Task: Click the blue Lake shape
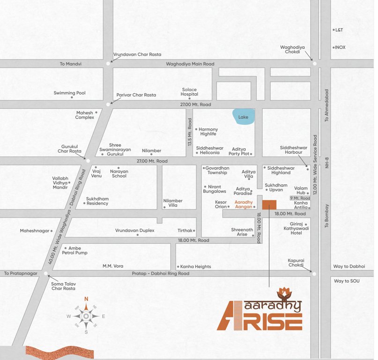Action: tap(244, 116)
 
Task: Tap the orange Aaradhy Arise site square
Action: tap(269, 204)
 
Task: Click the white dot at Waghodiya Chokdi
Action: tap(315, 63)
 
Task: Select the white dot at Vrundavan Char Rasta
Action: tap(108, 62)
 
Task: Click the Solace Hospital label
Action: tap(189, 92)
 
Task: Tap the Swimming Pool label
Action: tap(69, 93)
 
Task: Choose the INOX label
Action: tap(340, 47)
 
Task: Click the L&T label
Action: tap(339, 30)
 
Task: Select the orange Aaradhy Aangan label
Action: tap(244, 204)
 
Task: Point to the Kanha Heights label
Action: tap(196, 267)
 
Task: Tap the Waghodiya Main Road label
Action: tap(190, 64)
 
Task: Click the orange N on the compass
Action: tap(86, 298)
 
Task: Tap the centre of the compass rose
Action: tap(86, 316)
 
